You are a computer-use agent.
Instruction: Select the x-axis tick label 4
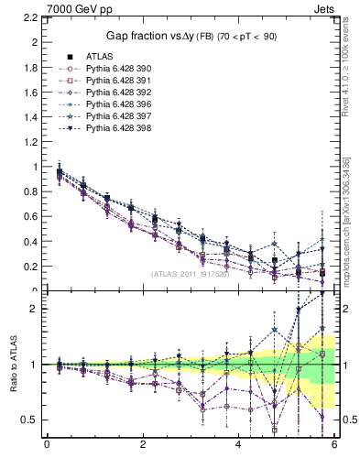[x=239, y=445]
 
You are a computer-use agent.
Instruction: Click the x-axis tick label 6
[x=335, y=445]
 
